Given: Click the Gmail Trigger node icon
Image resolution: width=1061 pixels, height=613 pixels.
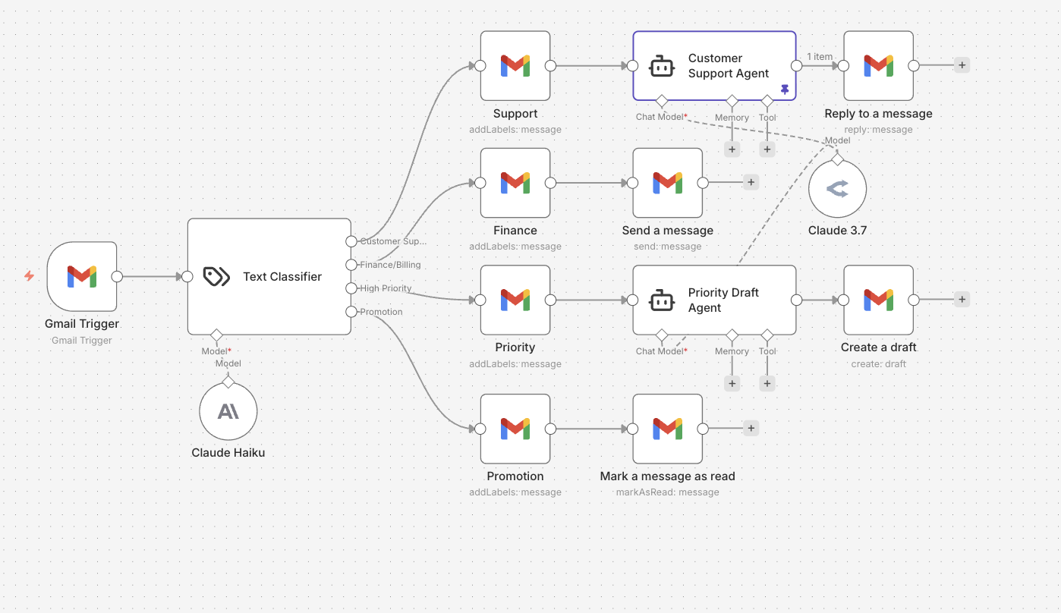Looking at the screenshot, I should (x=82, y=276).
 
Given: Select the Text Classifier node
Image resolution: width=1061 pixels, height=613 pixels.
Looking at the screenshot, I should (x=269, y=277).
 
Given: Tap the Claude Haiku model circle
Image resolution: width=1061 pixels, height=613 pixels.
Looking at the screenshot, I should (x=228, y=411).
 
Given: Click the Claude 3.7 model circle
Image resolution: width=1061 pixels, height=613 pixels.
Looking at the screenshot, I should (x=837, y=189).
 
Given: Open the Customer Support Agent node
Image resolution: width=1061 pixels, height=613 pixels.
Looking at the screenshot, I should (x=714, y=66).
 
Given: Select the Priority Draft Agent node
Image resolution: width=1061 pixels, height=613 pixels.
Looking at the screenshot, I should (x=714, y=300).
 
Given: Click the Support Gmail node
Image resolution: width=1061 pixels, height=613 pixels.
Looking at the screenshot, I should (x=515, y=66).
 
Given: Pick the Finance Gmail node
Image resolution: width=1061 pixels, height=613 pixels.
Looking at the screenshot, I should (x=515, y=183).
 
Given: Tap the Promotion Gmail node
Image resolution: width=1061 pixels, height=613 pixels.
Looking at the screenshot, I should (x=515, y=429).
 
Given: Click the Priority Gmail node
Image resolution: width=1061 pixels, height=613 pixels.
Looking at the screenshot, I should (x=515, y=300).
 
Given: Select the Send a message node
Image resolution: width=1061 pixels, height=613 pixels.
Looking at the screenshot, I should (x=668, y=183).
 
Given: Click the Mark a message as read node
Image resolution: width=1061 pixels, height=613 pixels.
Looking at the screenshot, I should (x=668, y=429).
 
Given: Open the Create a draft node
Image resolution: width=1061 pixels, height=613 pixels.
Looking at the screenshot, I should (x=878, y=300).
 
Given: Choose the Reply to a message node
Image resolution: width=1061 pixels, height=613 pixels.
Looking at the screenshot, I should (x=878, y=66).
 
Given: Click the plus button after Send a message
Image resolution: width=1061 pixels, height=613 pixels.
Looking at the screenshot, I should (x=751, y=182).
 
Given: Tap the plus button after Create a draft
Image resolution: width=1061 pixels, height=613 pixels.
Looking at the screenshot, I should (x=962, y=300).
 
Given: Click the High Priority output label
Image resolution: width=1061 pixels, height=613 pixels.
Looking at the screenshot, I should (x=386, y=288).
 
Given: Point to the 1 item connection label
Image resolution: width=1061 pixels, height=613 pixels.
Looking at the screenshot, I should (x=820, y=57).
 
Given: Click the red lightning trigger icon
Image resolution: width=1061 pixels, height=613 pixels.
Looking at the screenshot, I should (x=29, y=276).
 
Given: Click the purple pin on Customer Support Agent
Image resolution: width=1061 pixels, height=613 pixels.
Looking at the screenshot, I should (x=785, y=90).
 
